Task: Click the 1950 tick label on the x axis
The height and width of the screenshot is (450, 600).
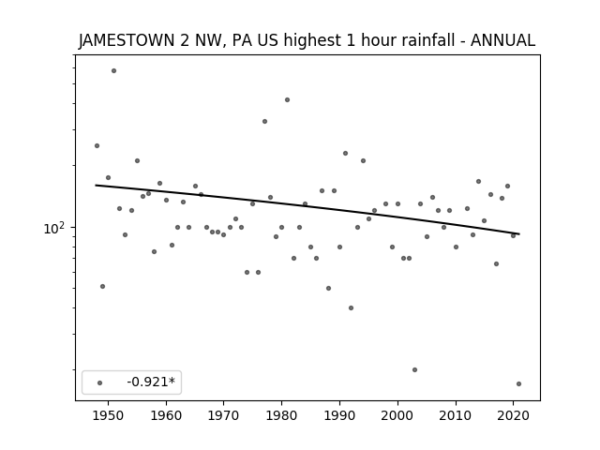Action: (109, 415)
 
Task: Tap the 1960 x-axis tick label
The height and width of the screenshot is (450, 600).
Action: (166, 415)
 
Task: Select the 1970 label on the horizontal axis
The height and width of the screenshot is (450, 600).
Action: (223, 415)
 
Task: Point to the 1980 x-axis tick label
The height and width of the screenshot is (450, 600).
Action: (281, 415)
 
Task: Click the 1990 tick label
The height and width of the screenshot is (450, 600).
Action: (339, 415)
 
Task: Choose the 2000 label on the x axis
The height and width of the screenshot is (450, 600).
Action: (397, 415)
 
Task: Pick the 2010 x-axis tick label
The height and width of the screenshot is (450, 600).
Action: (456, 415)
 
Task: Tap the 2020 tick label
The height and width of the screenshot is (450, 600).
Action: (514, 415)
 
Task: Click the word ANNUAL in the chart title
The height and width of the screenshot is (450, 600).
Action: (502, 40)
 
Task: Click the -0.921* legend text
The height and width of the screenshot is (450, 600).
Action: (151, 382)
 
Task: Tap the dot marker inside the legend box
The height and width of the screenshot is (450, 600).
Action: (100, 382)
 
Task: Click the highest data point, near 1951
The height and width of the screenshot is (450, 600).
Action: (113, 71)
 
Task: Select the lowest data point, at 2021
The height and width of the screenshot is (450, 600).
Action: (518, 383)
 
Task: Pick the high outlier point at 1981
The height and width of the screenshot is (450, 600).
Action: (288, 100)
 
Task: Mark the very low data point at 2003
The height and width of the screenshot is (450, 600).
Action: (414, 369)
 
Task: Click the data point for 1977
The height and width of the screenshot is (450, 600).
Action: (264, 121)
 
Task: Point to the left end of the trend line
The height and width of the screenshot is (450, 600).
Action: (96, 186)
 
